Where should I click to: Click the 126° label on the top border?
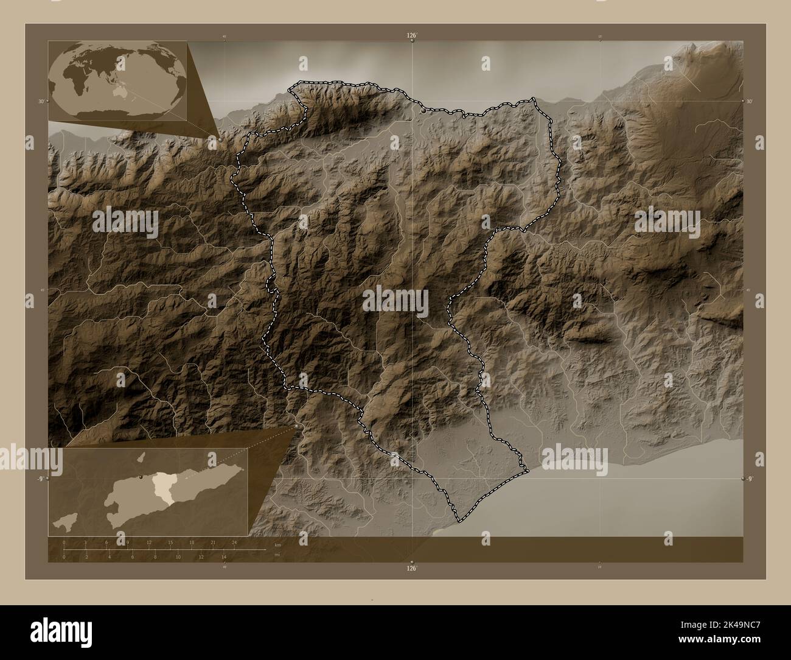coord(412,36)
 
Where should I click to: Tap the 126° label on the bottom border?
coord(412,569)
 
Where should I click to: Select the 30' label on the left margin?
coord(41,101)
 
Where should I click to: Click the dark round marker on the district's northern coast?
coord(423,111)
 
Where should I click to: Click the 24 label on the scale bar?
coord(234,542)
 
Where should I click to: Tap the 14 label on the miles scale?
coord(224,556)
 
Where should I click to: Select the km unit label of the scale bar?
coord(277,545)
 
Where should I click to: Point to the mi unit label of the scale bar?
coord(277,555)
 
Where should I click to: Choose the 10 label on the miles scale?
coord(178,556)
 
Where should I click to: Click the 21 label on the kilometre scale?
coord(213,542)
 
